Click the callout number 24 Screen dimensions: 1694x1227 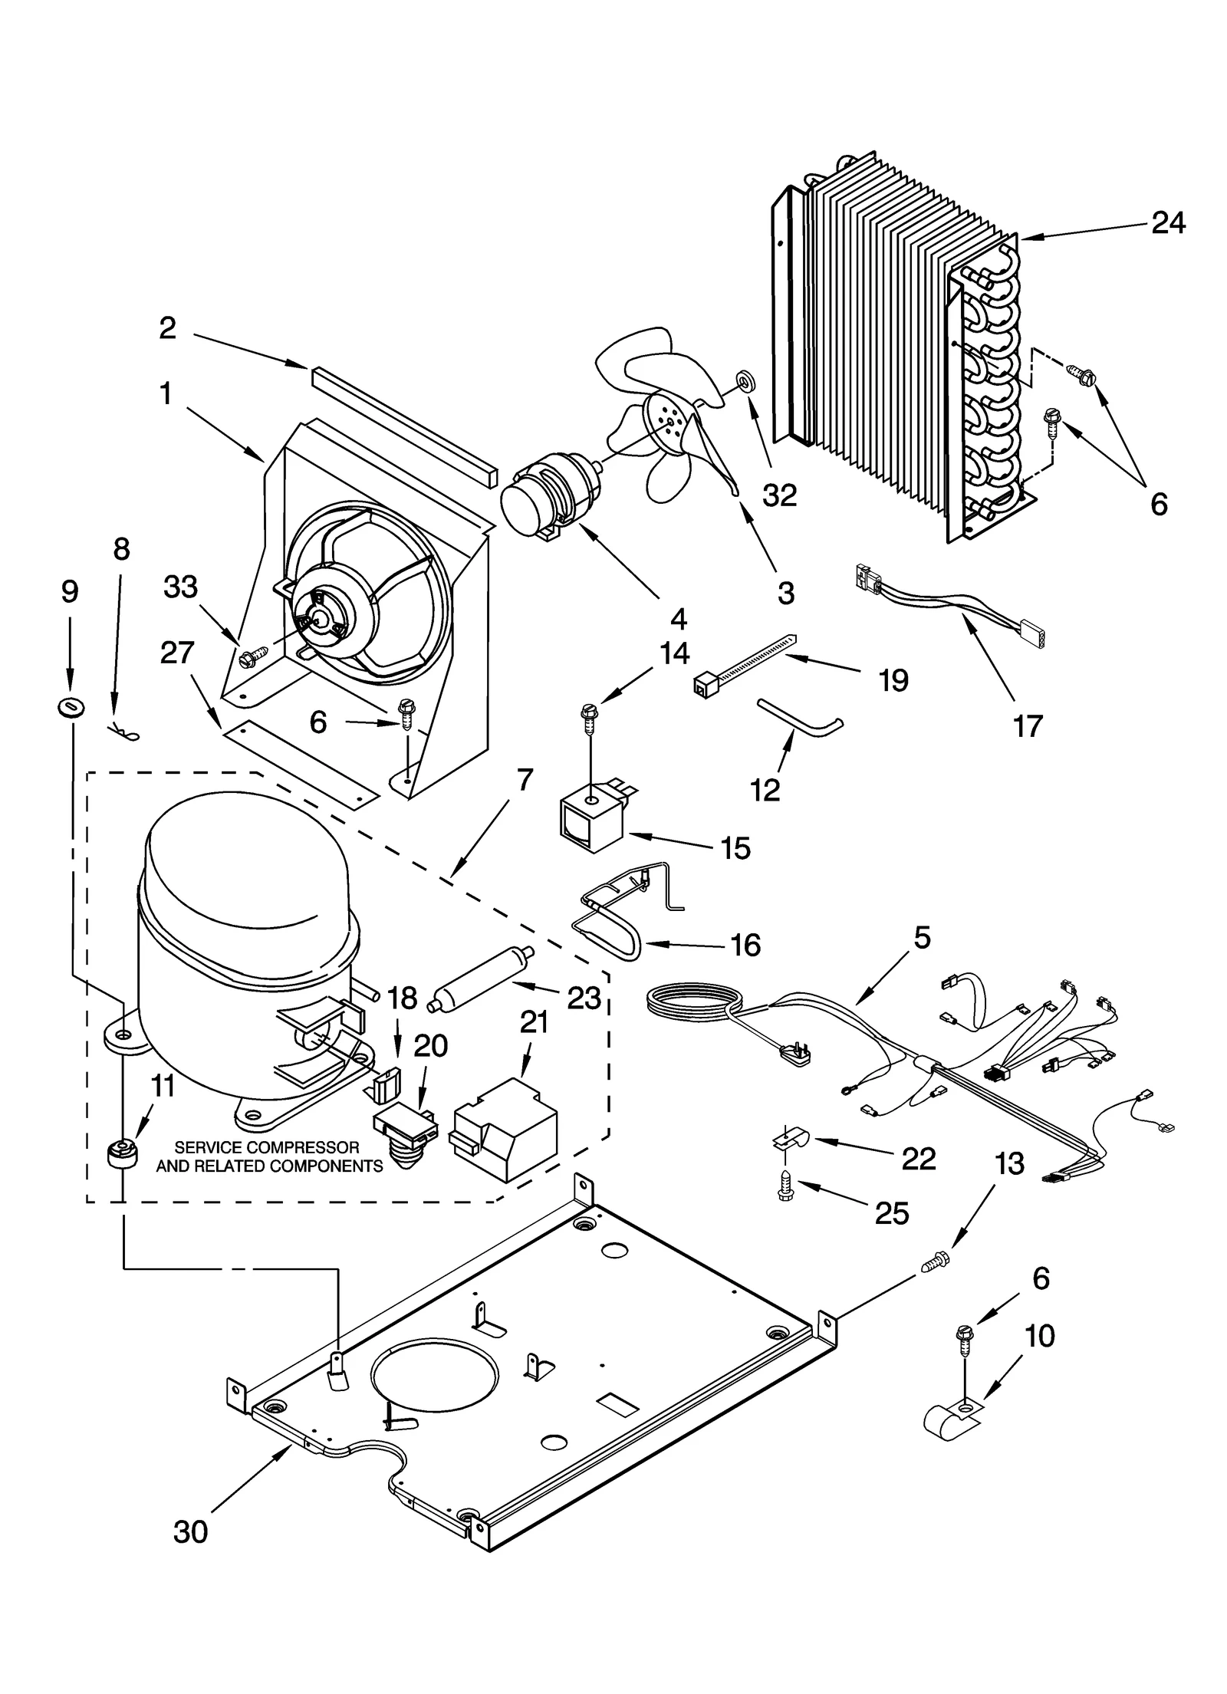1168,223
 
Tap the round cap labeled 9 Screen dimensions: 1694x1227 71,707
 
